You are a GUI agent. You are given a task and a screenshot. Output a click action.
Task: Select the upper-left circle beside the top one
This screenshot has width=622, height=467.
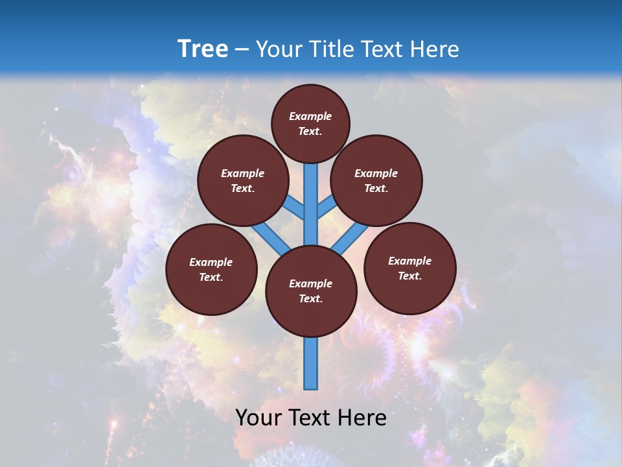point(243,180)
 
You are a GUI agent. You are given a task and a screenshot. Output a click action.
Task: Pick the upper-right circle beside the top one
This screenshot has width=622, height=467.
point(376,180)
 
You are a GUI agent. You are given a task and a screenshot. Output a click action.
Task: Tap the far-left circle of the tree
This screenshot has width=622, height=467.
point(211,269)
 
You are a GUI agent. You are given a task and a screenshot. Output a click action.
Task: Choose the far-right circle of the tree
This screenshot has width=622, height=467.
point(409,268)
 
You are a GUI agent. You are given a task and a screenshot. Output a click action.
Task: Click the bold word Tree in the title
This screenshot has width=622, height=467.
point(203,49)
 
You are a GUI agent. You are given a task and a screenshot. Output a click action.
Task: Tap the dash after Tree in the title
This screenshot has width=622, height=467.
point(242,50)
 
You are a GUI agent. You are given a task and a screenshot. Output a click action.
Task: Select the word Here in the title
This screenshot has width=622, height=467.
point(434,49)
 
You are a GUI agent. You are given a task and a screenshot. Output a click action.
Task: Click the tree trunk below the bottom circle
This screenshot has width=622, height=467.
point(311,363)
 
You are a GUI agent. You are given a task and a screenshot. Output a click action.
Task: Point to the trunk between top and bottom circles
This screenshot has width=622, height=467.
point(311,208)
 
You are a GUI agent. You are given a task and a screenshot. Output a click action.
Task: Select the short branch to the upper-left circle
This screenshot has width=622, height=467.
point(294,208)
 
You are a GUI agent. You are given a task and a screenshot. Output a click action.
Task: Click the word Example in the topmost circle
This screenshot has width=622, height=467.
point(310,116)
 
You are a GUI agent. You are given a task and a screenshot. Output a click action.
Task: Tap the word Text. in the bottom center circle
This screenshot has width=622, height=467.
point(310,298)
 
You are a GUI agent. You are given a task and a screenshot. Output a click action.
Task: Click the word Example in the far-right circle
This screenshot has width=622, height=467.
point(409,261)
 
